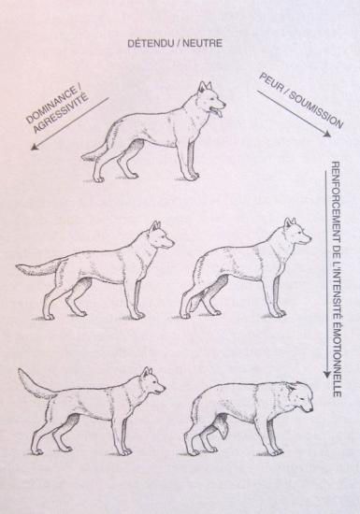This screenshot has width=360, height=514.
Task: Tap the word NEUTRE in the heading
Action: pos(202,43)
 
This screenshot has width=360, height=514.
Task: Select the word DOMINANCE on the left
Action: pos(54,106)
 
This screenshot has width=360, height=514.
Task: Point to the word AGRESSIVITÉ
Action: pos(62,113)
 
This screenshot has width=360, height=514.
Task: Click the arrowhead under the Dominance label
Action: pos(34,147)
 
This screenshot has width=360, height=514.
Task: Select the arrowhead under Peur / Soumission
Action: pos(326,134)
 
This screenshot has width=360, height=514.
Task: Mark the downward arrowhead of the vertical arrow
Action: pos(326,375)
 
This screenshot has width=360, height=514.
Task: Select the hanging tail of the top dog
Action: pos(94,152)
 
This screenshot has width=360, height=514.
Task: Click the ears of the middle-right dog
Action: pos(290,221)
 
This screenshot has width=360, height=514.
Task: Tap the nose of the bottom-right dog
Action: pos(310,409)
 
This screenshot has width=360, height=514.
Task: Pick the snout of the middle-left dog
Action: pos(167,243)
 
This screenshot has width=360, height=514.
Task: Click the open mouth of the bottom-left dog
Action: pos(159,392)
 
